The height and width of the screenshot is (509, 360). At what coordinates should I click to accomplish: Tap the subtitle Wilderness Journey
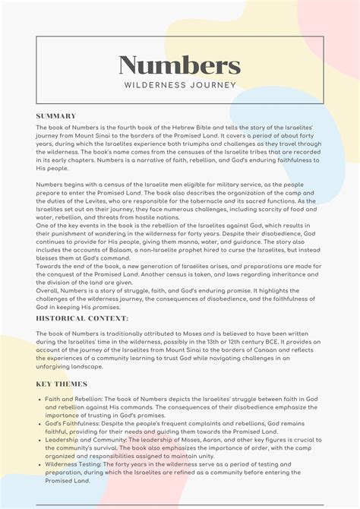(x=180, y=85)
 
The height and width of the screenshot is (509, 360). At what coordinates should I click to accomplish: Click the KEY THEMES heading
(x=62, y=384)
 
